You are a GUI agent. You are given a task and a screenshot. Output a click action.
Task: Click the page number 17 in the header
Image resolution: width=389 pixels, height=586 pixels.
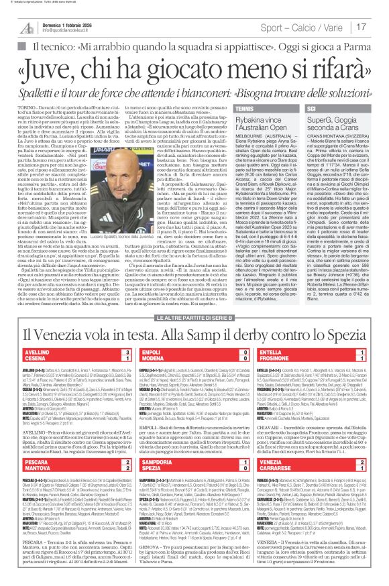[x=379, y=27]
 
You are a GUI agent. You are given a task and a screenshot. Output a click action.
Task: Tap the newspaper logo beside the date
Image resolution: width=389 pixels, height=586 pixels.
[x=26, y=27]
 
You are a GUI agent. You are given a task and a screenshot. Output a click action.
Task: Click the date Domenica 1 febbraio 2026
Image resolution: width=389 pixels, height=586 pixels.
[x=68, y=23]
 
